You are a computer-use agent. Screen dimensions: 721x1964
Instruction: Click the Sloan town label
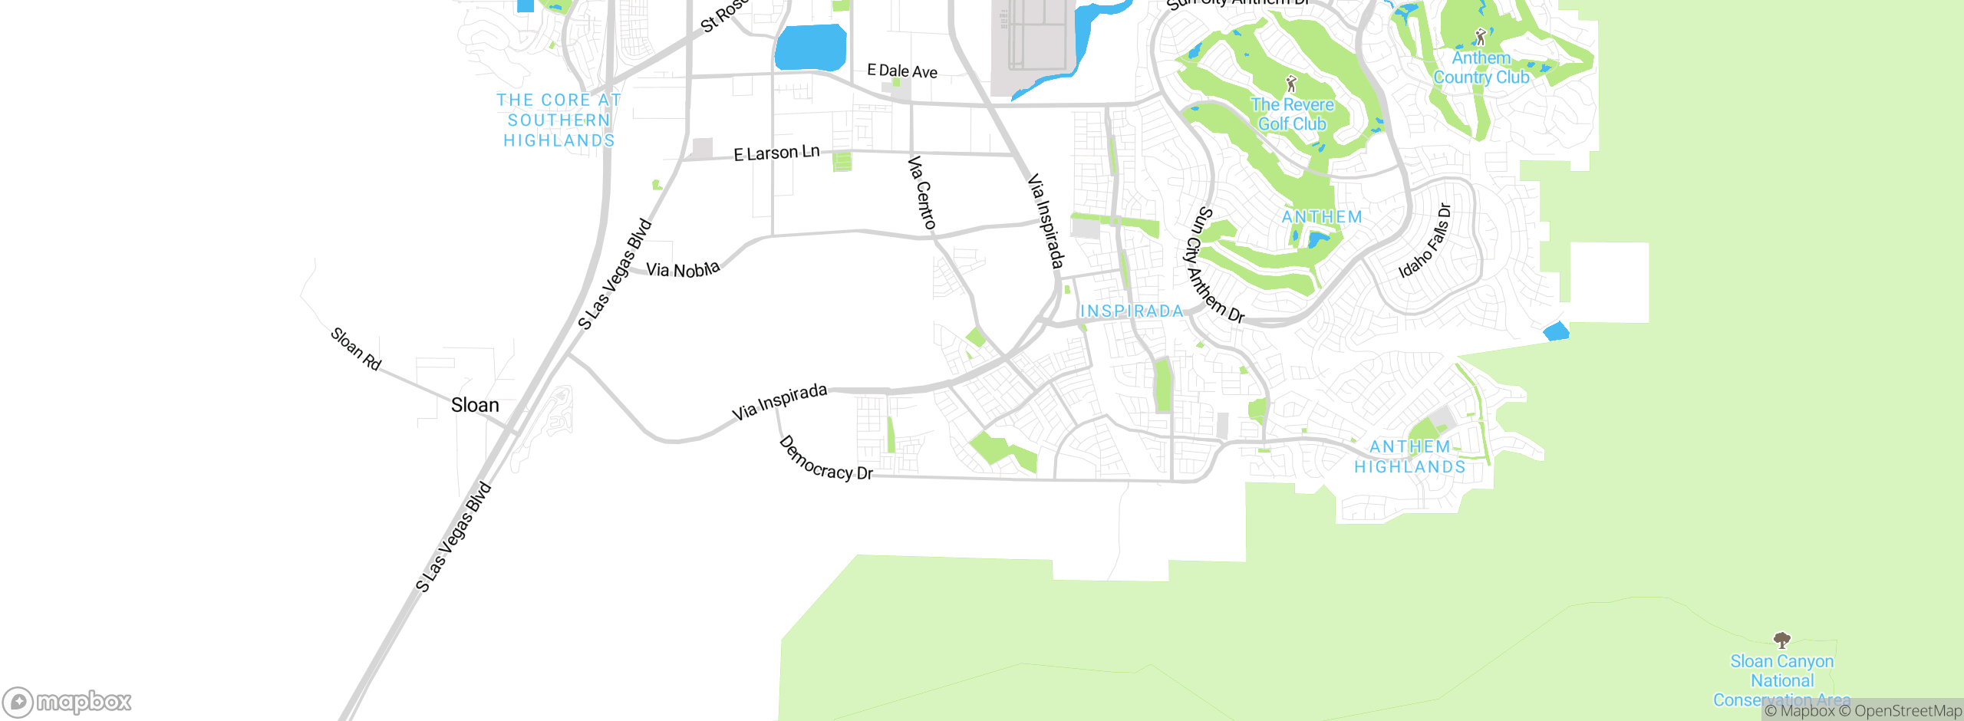pyautogui.click(x=475, y=405)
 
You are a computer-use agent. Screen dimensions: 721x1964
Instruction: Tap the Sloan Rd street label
pyautogui.click(x=356, y=349)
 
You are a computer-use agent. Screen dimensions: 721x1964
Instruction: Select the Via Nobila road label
pyautogui.click(x=683, y=269)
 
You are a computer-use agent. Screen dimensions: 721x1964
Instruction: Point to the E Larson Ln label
pyautogui.click(x=776, y=153)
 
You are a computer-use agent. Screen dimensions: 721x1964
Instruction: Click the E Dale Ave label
pyautogui.click(x=902, y=71)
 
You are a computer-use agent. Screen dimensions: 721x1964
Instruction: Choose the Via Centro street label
pyautogui.click(x=921, y=193)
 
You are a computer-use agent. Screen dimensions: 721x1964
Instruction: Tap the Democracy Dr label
pyautogui.click(x=825, y=459)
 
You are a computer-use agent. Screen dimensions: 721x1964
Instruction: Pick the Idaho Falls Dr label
pyautogui.click(x=1425, y=240)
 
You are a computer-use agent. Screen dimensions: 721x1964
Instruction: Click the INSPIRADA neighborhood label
pyautogui.click(x=1132, y=311)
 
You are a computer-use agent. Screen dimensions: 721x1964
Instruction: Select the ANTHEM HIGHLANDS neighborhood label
pyautogui.click(x=1410, y=457)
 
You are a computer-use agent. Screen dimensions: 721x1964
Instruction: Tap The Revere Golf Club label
pyautogui.click(x=1293, y=114)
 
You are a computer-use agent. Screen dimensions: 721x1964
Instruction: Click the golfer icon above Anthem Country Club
pyautogui.click(x=1481, y=37)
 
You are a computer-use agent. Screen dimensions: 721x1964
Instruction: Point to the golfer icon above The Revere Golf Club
pyautogui.click(x=1291, y=84)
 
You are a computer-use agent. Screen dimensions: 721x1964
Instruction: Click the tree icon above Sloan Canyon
pyautogui.click(x=1782, y=640)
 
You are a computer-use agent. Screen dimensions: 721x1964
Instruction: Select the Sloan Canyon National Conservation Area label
pyautogui.click(x=1782, y=680)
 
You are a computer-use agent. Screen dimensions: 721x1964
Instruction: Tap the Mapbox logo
pyautogui.click(x=68, y=702)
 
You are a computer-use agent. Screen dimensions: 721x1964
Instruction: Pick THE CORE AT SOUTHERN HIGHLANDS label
pyautogui.click(x=559, y=120)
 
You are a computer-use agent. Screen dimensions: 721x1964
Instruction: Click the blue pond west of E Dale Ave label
pyautogui.click(x=810, y=48)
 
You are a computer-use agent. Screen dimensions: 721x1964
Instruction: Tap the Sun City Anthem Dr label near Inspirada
pyautogui.click(x=1217, y=265)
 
